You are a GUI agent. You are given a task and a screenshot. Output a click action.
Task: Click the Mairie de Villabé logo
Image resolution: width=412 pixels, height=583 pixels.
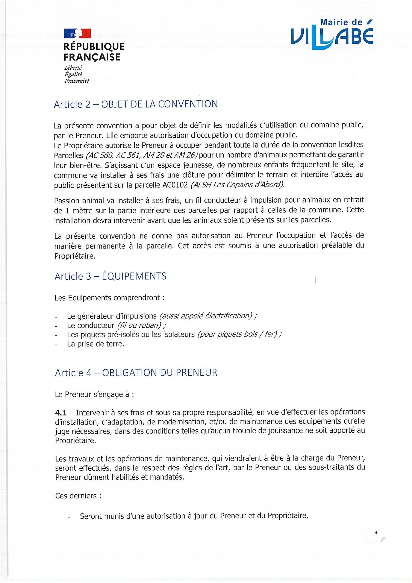(x=332, y=35)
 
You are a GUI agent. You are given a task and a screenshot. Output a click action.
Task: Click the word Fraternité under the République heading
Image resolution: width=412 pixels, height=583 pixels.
(x=77, y=81)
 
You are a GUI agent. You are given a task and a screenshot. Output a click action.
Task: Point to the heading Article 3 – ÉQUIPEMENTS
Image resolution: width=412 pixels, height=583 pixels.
(x=110, y=276)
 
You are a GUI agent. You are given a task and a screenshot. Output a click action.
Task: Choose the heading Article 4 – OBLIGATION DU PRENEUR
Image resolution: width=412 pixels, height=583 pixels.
(x=136, y=373)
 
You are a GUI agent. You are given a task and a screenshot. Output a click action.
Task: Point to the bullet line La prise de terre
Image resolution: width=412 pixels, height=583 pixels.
(x=95, y=344)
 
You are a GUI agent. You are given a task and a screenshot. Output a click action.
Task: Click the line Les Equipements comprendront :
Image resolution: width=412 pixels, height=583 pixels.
(x=109, y=298)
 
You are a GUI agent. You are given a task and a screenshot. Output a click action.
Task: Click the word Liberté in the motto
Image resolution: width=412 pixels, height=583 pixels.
(x=73, y=68)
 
